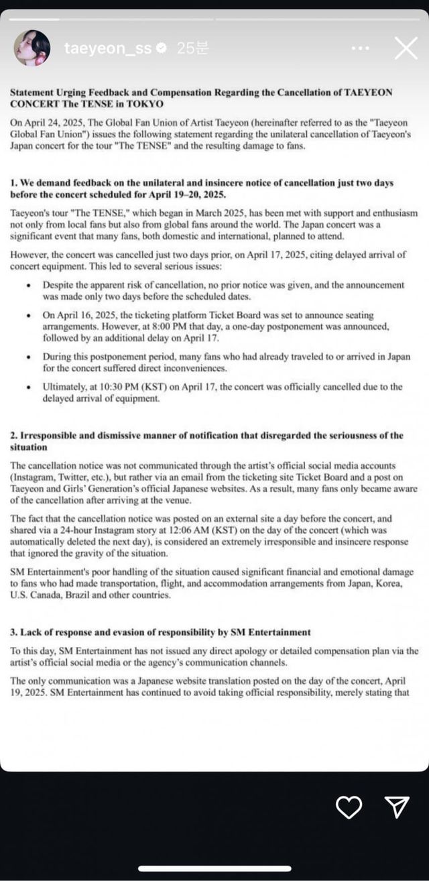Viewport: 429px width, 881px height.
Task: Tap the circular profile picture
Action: point(32,48)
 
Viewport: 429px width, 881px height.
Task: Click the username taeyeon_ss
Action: point(107,48)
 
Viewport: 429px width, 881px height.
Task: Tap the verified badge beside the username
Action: point(162,48)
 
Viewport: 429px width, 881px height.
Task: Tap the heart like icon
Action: point(349,808)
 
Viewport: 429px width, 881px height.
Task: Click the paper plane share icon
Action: point(397,808)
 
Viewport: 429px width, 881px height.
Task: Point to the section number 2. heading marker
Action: point(14,435)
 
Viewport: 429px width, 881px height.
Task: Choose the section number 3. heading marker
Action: point(14,632)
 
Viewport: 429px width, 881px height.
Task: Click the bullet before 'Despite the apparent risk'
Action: point(27,285)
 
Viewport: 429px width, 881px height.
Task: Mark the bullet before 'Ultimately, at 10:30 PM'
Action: point(27,387)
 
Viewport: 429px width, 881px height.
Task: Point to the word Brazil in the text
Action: point(80,594)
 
